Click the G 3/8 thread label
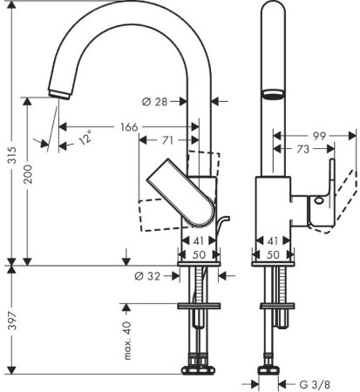pyautogui.click(x=314, y=382)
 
